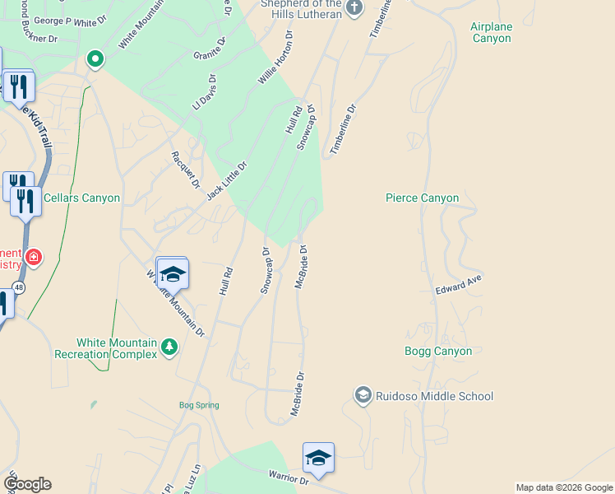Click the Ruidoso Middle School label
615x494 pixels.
434,396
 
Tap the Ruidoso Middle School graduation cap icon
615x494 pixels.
363,396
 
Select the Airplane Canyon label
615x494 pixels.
491,33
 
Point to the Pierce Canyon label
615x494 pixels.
422,198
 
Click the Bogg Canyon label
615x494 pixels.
438,352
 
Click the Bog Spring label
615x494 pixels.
199,405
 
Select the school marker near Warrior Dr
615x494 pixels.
318,458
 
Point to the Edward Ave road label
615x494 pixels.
458,285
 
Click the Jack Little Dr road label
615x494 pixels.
227,180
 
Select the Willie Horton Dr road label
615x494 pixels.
275,59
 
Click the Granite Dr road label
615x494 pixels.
209,48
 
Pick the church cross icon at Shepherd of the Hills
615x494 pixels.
354,8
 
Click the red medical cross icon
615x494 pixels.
33,257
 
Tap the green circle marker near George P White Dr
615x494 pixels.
95,58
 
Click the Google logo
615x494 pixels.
27,484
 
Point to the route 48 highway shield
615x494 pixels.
18,287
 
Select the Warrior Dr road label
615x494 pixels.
288,476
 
